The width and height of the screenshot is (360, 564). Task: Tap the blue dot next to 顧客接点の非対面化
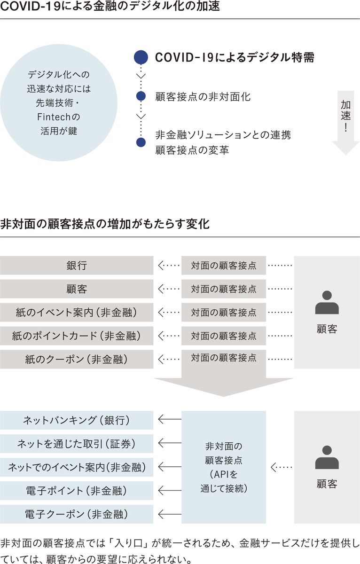(141, 97)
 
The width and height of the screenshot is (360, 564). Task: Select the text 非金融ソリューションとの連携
(223, 135)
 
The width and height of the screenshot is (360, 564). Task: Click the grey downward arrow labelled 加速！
(345, 122)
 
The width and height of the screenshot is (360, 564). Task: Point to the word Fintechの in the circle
(58, 117)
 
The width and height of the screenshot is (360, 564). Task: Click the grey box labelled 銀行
(77, 266)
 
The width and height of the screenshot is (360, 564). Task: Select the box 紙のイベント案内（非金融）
(77, 313)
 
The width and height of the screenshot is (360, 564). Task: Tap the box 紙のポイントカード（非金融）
(77, 336)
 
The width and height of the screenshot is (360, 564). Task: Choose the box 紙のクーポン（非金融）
(77, 360)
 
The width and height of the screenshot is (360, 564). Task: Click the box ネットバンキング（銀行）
(77, 420)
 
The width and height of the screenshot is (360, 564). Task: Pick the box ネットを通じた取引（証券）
(77, 444)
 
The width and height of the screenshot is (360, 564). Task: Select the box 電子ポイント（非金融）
(77, 491)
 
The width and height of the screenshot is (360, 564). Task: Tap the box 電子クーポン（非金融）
(77, 514)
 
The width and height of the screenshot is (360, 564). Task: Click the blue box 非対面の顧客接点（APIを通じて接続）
(224, 467)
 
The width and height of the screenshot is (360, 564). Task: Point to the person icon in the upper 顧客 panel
(327, 303)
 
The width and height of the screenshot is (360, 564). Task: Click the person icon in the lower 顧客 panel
(327, 458)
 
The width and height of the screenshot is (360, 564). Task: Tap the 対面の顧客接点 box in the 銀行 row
(224, 266)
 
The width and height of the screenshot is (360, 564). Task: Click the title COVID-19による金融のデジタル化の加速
(104, 8)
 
